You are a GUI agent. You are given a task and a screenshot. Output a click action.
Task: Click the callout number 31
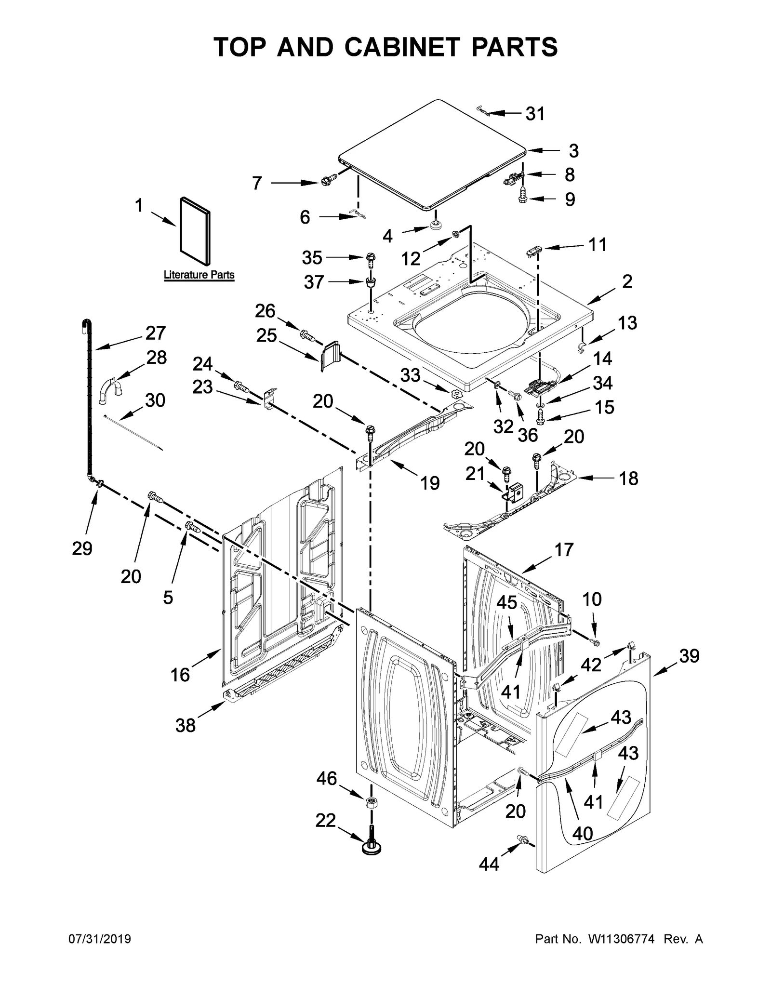[x=535, y=114]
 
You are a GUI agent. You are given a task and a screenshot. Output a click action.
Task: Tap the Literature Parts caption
[x=199, y=275]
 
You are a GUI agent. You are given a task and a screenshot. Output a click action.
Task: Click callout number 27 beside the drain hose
[x=155, y=333]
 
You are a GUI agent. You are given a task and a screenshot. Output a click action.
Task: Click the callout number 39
[x=689, y=656]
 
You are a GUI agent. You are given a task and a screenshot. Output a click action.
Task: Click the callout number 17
[x=564, y=549]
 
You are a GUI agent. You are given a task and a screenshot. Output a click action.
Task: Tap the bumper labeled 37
[x=371, y=281]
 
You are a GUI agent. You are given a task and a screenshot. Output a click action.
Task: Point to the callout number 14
[x=602, y=359]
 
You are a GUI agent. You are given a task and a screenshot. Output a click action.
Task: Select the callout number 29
[x=82, y=548]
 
